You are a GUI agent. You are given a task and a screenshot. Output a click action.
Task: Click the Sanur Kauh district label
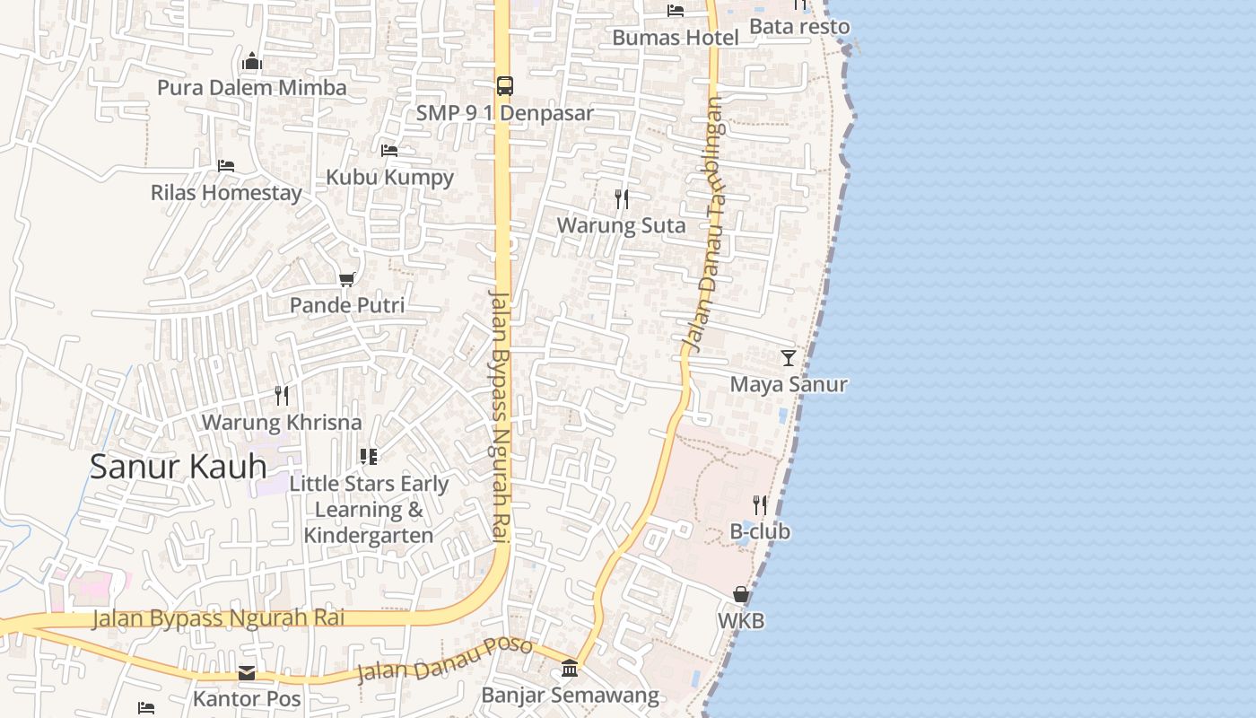(179, 467)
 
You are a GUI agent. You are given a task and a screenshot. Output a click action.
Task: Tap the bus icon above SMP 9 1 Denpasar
(505, 86)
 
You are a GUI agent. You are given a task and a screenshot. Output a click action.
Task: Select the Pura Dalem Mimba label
(252, 88)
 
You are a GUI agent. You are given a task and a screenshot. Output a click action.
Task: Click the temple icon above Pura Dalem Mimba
(252, 62)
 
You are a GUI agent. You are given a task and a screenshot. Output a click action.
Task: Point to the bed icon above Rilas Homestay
(226, 166)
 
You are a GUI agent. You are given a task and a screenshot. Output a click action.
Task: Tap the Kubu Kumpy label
(389, 177)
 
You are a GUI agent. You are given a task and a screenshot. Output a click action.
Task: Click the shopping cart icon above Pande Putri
(347, 279)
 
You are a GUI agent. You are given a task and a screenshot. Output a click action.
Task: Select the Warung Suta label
(621, 225)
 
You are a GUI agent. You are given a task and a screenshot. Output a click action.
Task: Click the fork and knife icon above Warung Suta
(621, 198)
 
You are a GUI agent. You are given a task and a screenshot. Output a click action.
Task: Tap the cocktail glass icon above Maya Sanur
(789, 358)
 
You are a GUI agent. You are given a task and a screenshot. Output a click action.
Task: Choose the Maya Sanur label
(789, 384)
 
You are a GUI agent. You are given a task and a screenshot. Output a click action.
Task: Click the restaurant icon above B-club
(760, 504)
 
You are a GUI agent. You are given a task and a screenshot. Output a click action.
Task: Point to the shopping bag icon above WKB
(741, 594)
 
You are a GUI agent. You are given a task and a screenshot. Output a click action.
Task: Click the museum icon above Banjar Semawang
(570, 668)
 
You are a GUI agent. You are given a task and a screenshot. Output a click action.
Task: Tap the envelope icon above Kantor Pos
(247, 672)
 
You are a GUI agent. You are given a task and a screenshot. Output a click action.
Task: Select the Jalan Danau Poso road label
(444, 660)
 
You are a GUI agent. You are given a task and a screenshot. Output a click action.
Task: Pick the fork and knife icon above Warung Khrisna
(282, 396)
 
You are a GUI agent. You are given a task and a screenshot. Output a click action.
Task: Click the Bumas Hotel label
(676, 38)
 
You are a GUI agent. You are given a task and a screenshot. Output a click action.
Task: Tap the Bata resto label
(799, 27)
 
